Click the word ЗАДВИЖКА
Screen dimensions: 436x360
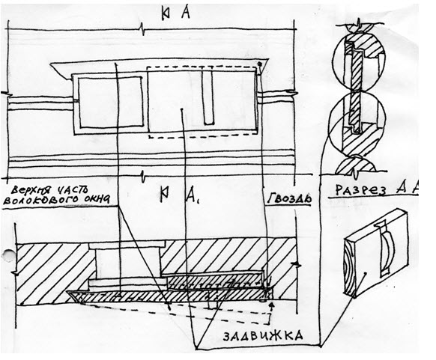pos(263,336)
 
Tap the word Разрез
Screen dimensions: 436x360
pos(361,189)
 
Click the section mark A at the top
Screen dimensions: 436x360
pos(186,13)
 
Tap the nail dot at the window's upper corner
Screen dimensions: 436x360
pos(260,64)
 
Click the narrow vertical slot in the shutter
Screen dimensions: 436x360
pos(208,97)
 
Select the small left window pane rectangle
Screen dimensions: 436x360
pos(110,103)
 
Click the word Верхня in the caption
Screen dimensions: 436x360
pos(30,191)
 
